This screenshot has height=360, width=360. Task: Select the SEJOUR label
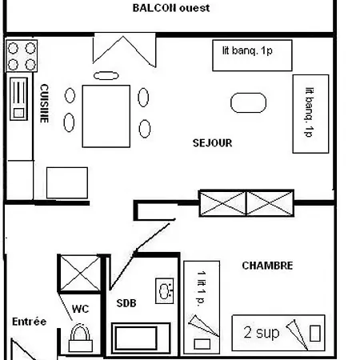tap(212, 143)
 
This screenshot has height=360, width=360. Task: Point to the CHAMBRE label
tap(267, 266)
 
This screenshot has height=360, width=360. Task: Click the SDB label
tap(126, 302)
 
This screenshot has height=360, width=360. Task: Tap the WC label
tap(80, 308)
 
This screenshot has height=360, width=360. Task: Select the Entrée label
tap(29, 322)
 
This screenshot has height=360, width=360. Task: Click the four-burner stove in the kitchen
tap(22, 56)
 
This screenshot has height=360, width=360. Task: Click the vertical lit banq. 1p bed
tap(310, 114)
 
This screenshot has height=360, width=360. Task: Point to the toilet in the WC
tap(80, 335)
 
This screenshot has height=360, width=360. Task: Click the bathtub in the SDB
tap(140, 337)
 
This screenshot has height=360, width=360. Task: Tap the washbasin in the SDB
tap(166, 290)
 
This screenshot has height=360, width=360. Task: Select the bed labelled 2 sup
tap(278, 332)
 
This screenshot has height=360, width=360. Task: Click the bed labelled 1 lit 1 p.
tap(202, 306)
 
